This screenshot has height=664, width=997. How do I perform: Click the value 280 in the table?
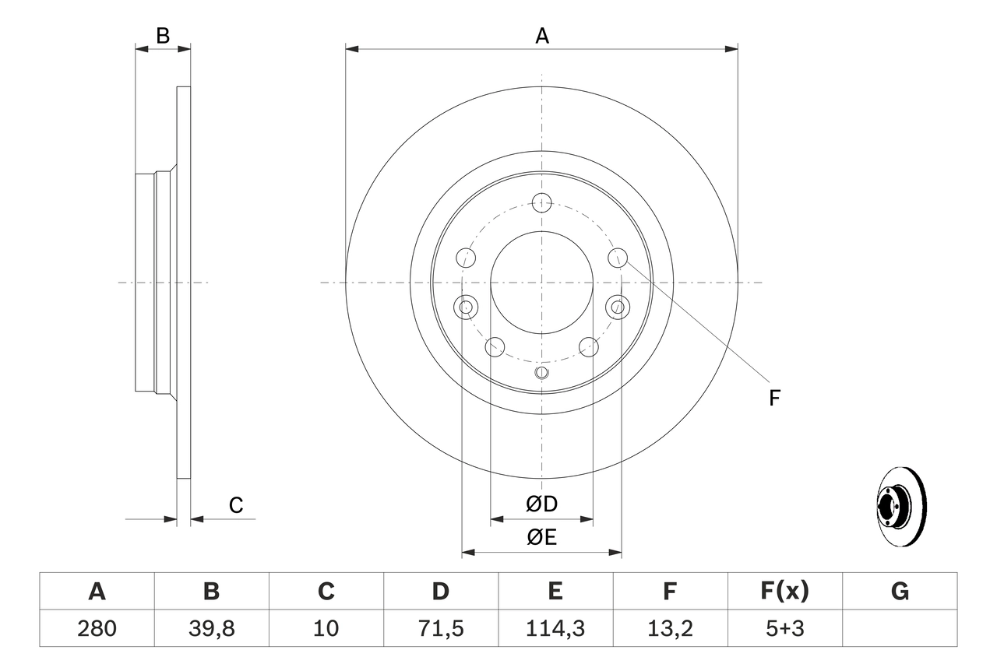97,628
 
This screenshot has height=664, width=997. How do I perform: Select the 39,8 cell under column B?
211,628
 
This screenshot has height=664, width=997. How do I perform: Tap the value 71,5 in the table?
441,628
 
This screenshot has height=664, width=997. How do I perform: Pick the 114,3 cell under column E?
555,628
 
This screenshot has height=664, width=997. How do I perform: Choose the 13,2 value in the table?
669,628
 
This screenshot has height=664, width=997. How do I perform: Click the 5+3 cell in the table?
784,628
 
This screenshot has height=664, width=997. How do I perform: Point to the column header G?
900,592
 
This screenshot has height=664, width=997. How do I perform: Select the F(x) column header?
784,592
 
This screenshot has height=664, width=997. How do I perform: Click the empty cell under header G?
900,628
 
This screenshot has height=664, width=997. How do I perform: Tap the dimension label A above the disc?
542,36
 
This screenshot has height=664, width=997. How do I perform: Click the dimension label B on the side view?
163,36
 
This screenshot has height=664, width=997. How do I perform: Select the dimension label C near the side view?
236,505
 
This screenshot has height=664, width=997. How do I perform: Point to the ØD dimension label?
542,504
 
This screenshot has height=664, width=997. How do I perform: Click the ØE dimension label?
542,537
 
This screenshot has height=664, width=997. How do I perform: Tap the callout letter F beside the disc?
774,398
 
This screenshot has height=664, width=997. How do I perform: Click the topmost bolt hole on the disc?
542,203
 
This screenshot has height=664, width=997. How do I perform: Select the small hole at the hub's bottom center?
542,373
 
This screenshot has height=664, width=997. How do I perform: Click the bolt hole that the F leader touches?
618,257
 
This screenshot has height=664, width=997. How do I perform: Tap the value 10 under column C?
326,628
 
